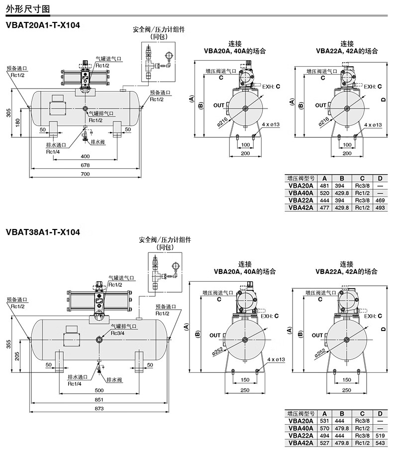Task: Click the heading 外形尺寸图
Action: tap(28, 8)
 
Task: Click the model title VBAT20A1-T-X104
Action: tap(43, 25)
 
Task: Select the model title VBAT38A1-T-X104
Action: tap(43, 232)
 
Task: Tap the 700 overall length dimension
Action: tap(85, 174)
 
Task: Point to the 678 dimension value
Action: tap(85, 165)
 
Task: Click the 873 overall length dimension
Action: tap(99, 409)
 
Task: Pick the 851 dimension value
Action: tap(99, 400)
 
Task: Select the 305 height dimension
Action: tap(8, 113)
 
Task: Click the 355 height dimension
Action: tap(8, 344)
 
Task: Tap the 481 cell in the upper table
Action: tap(324, 186)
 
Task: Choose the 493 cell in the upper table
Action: tap(380, 208)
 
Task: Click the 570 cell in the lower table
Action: tap(324, 428)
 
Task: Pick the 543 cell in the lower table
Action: tap(380, 443)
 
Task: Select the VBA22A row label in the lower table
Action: tap(301, 436)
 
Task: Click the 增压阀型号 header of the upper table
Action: tap(301, 178)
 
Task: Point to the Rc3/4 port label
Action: tap(117, 333)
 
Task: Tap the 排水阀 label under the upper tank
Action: tap(98, 142)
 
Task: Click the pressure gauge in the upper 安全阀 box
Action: tap(169, 56)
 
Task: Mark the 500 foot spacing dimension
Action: tap(99, 390)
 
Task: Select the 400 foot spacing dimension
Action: tap(85, 156)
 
